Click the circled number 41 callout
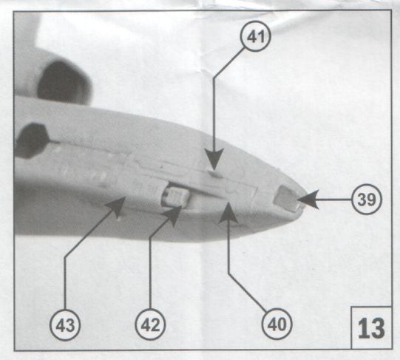255,36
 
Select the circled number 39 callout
367,200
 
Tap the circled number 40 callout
277,325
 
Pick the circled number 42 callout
150,325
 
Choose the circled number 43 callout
65,325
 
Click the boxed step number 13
371,328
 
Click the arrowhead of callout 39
308,200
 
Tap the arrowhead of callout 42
173,214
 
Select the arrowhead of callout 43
116,206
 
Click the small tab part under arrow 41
215,174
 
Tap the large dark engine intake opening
64,82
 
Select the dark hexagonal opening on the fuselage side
32,140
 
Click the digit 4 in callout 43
61,325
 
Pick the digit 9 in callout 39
371,200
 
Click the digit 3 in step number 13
378,329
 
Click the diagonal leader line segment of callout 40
248,293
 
